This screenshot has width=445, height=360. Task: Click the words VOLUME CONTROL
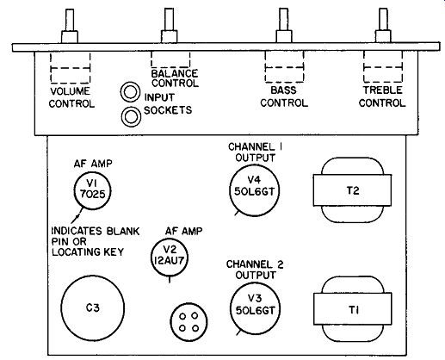71,97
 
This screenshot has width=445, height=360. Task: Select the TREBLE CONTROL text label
382,96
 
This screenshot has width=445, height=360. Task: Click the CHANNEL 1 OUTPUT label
255,152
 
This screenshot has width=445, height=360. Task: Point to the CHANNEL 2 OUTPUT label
255,270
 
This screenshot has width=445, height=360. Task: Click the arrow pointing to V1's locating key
76,215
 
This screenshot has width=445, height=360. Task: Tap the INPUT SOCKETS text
168,103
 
